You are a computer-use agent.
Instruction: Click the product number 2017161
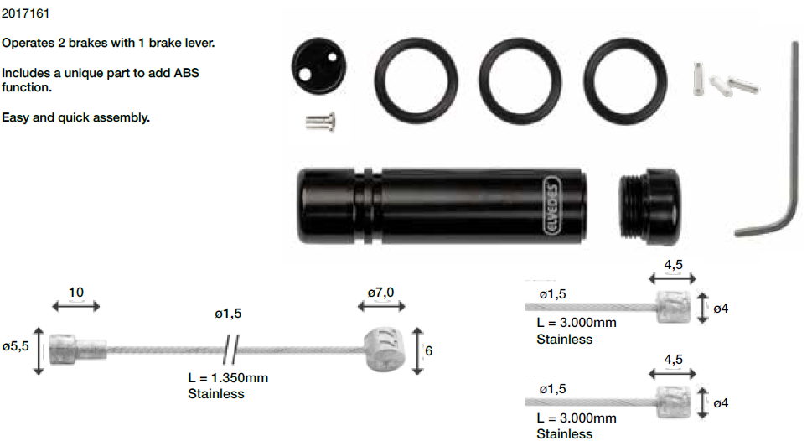[26, 13]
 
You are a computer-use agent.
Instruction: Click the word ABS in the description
[186, 73]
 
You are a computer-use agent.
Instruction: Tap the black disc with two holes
[318, 66]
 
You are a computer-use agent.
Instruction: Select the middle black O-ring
[520, 80]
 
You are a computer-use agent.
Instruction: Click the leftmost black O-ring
[416, 80]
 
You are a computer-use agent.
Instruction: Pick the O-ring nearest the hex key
[625, 80]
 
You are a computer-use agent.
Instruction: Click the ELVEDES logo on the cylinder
[551, 205]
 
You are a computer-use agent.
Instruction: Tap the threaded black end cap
[649, 206]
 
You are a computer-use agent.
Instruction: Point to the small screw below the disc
[320, 122]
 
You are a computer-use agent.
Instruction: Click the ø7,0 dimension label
[380, 293]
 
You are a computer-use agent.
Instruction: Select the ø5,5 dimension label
[15, 347]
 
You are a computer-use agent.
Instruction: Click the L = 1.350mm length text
[228, 377]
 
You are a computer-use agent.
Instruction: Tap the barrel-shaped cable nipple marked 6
[381, 350]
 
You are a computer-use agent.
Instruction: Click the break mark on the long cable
[231, 350]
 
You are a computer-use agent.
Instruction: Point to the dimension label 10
[76, 293]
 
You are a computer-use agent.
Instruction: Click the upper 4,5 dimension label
[673, 265]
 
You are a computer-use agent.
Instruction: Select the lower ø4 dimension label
[721, 403]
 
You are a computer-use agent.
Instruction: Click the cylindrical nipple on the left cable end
[78, 350]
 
